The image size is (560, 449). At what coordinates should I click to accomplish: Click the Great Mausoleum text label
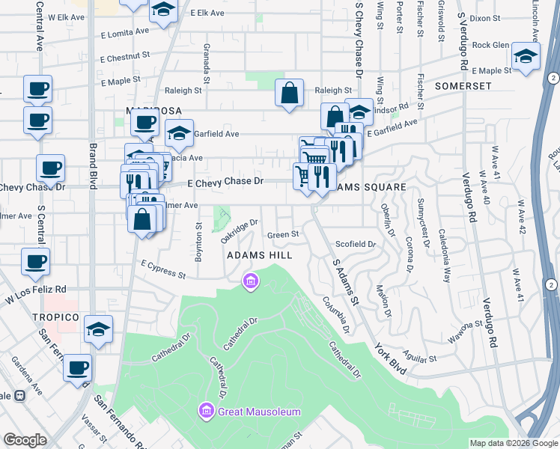click(259, 412)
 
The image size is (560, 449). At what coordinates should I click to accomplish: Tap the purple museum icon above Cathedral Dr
click(250, 281)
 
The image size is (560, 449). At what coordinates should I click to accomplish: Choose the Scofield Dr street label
click(356, 244)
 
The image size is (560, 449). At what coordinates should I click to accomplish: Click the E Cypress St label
click(162, 269)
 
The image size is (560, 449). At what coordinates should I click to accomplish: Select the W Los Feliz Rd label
click(35, 292)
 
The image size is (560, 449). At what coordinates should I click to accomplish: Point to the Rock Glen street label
click(490, 45)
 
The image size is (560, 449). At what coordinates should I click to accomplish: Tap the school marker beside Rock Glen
click(526, 57)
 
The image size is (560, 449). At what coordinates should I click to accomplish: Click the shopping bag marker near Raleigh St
click(289, 94)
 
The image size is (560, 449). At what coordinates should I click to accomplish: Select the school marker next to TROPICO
click(97, 330)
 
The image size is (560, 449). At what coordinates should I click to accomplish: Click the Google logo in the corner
click(26, 440)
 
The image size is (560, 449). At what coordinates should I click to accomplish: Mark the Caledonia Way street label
click(445, 255)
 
